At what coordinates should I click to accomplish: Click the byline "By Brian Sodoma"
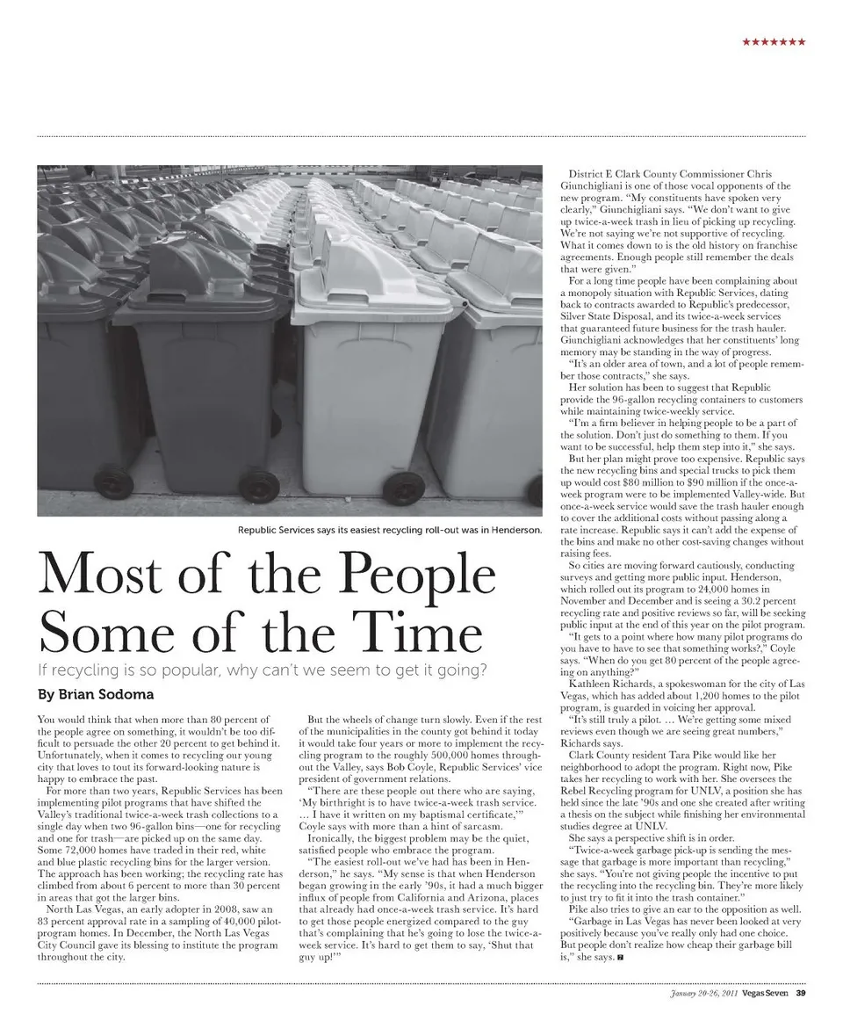point(96,694)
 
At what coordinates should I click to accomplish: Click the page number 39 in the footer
point(801,994)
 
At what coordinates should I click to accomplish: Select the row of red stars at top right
point(774,42)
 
